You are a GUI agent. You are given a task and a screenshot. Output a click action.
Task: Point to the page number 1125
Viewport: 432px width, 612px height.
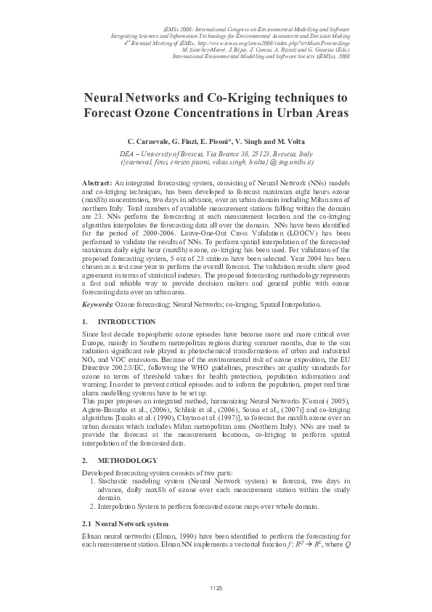216,587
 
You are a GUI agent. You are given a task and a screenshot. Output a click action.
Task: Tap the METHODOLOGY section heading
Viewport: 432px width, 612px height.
127,461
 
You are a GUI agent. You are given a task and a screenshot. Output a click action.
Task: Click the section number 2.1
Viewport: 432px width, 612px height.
87,523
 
